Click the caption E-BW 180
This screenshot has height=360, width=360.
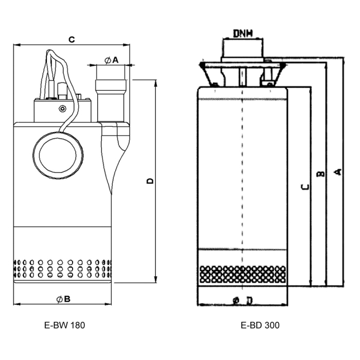(64, 325)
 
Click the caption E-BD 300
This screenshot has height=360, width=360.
(260, 325)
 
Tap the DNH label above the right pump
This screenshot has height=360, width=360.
(242, 34)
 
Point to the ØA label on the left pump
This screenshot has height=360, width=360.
(111, 60)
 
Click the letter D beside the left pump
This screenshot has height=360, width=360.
(150, 181)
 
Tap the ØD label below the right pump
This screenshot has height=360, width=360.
(242, 300)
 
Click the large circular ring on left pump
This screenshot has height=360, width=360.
(58, 152)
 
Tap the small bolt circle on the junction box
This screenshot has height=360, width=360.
(63, 109)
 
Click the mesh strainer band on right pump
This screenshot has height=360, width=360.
(242, 275)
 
